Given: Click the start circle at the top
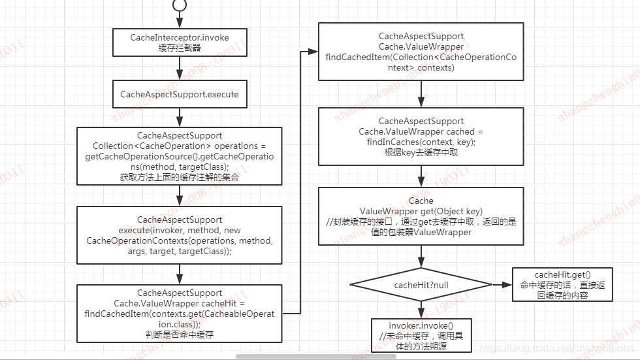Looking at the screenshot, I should pos(180,5).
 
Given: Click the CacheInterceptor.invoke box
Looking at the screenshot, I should pos(180,42).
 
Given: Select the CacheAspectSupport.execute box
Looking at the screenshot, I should pos(180,94).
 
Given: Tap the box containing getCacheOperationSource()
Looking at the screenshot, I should pos(180,156).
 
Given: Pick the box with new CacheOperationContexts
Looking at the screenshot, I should pos(180,235).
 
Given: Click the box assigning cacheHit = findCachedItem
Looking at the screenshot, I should pos(180,313).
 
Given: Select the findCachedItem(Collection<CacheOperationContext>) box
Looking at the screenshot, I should pos(421,52).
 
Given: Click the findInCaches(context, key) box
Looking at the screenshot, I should pos(421,137).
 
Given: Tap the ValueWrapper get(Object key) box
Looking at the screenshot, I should pos(421,216).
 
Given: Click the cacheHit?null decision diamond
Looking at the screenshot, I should pos(421,285).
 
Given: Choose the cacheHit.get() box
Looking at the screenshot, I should pos(563,284).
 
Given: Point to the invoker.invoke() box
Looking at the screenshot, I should pos(421,336).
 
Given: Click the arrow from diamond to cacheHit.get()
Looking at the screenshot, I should pos(502,285).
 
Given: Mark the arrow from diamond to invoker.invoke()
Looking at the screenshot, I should pos(421,310).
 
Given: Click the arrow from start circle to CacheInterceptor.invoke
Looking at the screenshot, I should pos(180,20).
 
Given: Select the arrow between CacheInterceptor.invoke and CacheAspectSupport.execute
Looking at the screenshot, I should pos(180,69).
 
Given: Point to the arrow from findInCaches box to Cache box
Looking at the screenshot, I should pos(421,176).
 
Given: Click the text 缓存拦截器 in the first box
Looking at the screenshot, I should pos(180,48).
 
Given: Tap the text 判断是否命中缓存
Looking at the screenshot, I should pos(180,334).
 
